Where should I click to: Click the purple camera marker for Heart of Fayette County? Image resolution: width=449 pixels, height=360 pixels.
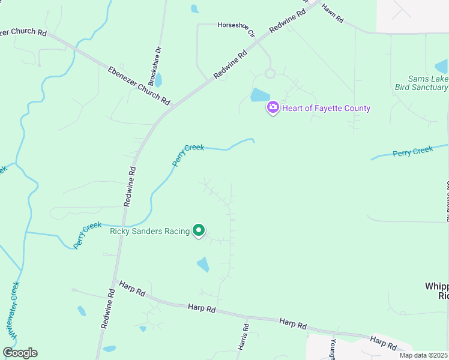[273, 107]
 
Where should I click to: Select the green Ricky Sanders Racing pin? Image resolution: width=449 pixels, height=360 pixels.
[199, 230]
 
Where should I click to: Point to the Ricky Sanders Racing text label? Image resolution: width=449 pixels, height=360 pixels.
[149, 231]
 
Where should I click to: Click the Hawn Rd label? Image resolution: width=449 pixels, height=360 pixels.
[331, 14]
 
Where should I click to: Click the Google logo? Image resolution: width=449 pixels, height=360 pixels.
[20, 353]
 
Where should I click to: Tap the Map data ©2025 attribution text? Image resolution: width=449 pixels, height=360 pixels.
[423, 355]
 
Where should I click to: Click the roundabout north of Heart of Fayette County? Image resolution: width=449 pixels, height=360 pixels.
[270, 73]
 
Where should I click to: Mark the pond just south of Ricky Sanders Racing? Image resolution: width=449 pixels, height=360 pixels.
[203, 264]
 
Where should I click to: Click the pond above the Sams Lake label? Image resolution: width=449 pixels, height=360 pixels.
[441, 66]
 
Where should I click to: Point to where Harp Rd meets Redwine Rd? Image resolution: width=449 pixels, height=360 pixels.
[115, 281]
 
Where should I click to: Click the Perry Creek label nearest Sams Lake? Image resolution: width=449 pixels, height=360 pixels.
[412, 152]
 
